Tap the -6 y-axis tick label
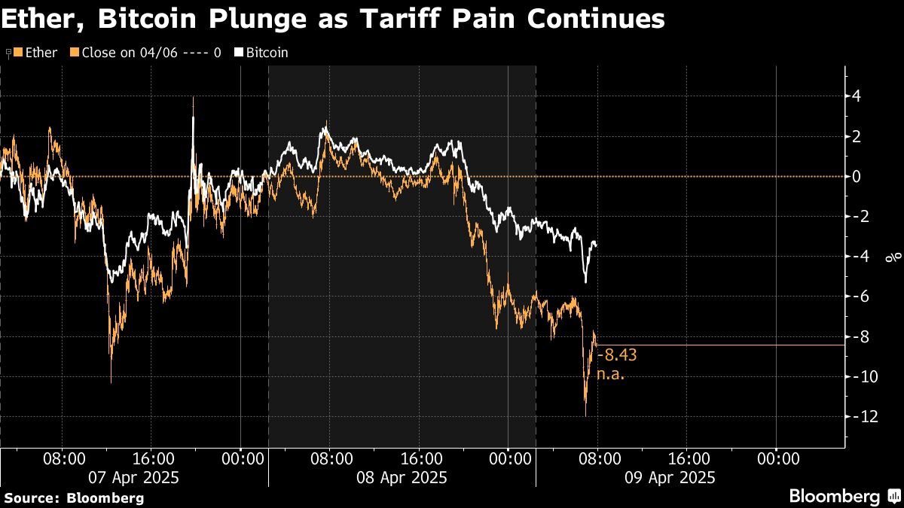click(860, 297)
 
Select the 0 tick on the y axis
click(857, 176)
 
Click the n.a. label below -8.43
click(611, 373)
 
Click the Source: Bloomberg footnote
click(74, 497)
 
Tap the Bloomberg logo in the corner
click(843, 496)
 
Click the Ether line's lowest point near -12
click(585, 415)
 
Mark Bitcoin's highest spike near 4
click(194, 99)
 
